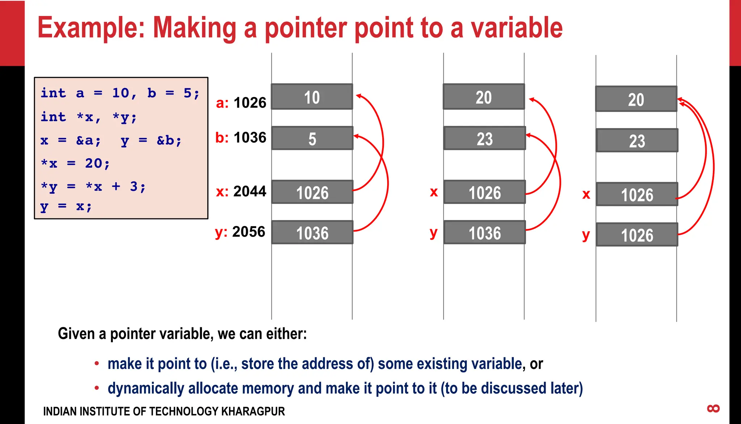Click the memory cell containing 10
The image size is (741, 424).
tap(312, 97)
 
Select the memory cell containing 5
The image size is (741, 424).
tap(312, 138)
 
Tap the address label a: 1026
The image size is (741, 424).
tap(241, 103)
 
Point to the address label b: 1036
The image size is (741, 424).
tap(241, 138)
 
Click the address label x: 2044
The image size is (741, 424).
tap(241, 191)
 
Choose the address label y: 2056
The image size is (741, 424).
tap(240, 232)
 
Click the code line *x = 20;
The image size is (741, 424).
tap(75, 164)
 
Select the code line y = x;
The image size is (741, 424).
tap(66, 206)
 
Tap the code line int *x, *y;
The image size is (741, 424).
tap(89, 117)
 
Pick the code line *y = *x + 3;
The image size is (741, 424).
tap(93, 187)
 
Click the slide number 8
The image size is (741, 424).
tap(713, 409)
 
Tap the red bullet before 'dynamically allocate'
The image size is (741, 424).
tap(97, 388)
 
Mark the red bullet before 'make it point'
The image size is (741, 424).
tap(97, 364)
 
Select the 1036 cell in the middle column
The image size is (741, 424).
tap(484, 232)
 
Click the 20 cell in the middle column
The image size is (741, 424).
tap(484, 97)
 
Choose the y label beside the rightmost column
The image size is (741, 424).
tap(586, 235)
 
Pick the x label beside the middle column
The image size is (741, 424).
tap(433, 192)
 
